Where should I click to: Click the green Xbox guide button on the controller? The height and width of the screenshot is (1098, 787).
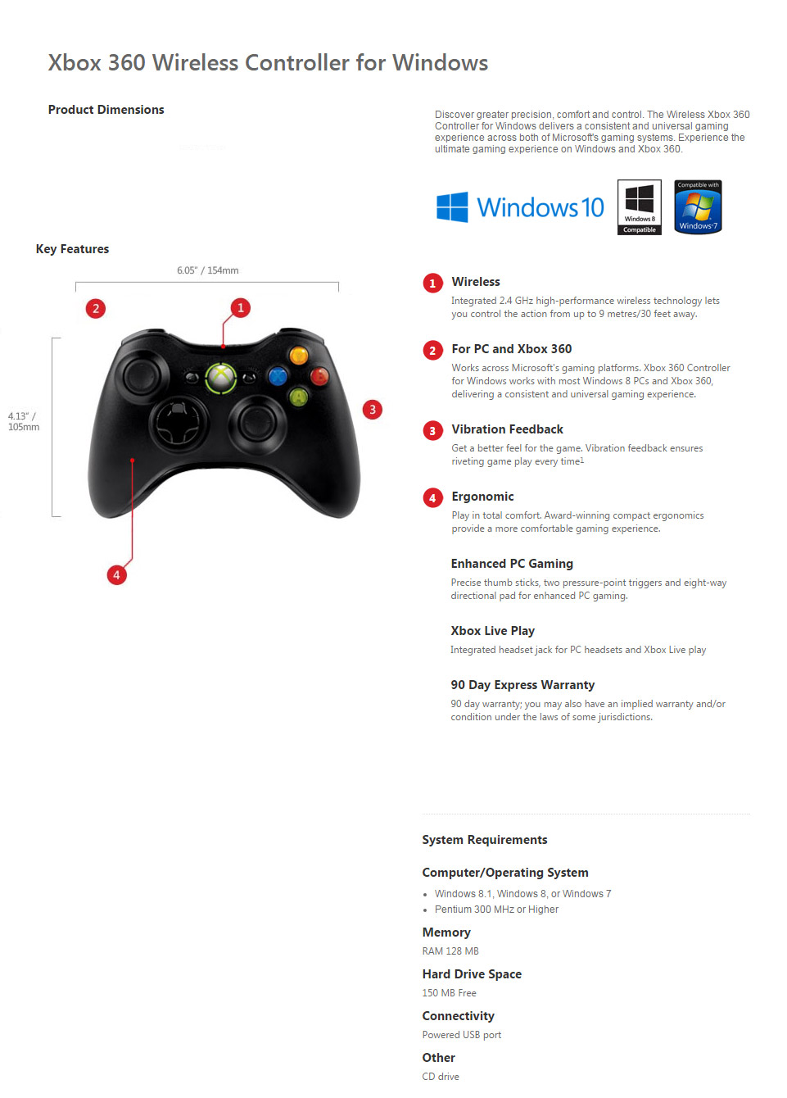coord(221,378)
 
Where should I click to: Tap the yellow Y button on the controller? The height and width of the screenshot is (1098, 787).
coord(298,355)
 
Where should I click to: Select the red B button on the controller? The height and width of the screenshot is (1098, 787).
coord(319,376)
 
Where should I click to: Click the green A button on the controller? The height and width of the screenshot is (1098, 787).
coord(298,397)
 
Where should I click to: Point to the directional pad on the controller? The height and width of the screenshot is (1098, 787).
coord(178,423)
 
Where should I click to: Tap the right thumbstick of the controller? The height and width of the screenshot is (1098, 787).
coord(256,421)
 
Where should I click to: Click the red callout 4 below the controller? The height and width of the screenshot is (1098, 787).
coord(116,574)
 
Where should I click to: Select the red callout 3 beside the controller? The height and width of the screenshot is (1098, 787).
coord(373,410)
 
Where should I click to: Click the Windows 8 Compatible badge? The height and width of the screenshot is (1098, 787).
coord(639,206)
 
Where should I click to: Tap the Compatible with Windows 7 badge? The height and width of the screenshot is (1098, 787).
coord(698,206)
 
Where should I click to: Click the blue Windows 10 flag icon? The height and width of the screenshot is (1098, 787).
coord(452,206)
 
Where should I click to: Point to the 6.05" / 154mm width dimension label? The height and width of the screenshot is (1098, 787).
coord(208,270)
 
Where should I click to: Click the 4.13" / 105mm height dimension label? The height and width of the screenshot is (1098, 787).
coord(24,421)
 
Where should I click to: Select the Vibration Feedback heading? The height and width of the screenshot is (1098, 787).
coord(507,429)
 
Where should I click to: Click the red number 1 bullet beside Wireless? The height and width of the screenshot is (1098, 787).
coord(432,283)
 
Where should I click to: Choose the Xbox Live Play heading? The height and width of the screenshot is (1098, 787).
coord(492,631)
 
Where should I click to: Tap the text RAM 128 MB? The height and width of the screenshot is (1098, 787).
coord(450,951)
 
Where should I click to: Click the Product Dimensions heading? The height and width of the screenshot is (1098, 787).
coord(106,109)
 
